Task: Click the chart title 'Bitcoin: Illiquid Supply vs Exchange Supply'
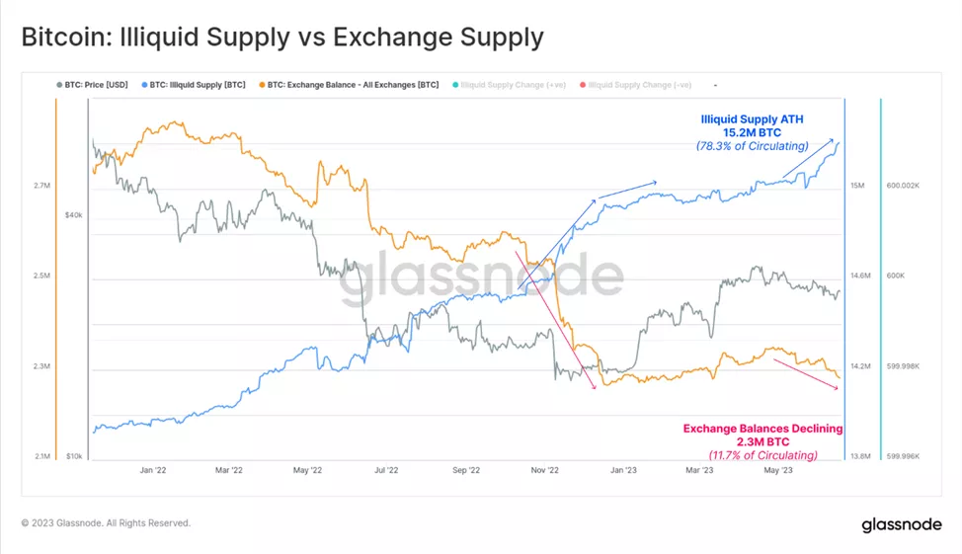(x=281, y=38)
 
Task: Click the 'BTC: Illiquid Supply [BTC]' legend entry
(x=198, y=85)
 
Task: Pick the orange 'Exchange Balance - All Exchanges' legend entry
(x=348, y=85)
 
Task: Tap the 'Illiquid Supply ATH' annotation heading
(x=752, y=119)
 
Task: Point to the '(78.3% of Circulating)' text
(x=752, y=146)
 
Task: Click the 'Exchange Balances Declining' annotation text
(x=762, y=429)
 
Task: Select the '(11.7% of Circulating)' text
(x=762, y=455)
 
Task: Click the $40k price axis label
(x=73, y=214)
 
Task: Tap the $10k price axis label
(x=73, y=456)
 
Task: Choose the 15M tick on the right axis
(x=857, y=186)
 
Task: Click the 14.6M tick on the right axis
(x=861, y=276)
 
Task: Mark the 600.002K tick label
(x=905, y=186)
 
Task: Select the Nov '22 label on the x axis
(x=545, y=471)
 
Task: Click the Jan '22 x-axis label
(x=152, y=471)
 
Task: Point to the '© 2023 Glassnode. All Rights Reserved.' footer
(x=106, y=523)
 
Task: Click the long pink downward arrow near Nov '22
(x=555, y=320)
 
